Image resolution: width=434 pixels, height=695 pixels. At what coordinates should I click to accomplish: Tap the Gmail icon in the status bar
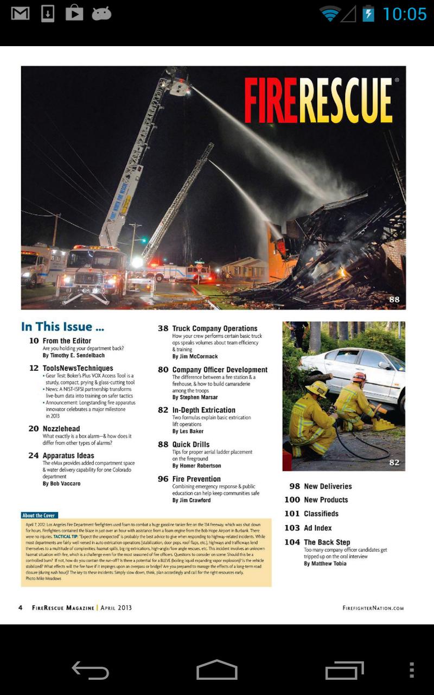pyautogui.click(x=20, y=14)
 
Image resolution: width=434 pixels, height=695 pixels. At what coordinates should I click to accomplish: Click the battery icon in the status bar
pyautogui.click(x=368, y=14)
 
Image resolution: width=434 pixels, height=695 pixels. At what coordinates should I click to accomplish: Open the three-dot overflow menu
pyautogui.click(x=412, y=670)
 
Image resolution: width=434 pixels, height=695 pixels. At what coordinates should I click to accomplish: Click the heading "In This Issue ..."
pyautogui.click(x=62, y=327)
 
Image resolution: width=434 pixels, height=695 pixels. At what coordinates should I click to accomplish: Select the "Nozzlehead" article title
pyautogui.click(x=61, y=428)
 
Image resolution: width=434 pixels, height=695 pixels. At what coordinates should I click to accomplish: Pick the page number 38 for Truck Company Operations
pyautogui.click(x=163, y=328)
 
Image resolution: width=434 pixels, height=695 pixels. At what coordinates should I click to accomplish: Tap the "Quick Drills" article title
pyautogui.click(x=190, y=444)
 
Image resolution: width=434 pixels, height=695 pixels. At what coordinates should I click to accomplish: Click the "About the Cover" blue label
pyautogui.click(x=39, y=515)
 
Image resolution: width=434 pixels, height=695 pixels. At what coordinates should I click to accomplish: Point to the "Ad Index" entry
pyautogui.click(x=317, y=528)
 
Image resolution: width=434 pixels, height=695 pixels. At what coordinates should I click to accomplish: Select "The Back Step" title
pyautogui.click(x=327, y=542)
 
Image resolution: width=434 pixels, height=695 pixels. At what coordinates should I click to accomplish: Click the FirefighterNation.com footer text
pyautogui.click(x=373, y=608)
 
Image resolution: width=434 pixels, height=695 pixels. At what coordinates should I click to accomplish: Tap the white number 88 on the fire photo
pyautogui.click(x=394, y=299)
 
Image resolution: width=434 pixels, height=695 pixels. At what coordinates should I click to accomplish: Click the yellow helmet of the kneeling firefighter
pyautogui.click(x=317, y=388)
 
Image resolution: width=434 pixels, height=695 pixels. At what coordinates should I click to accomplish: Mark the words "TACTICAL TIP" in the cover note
pyautogui.click(x=66, y=536)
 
